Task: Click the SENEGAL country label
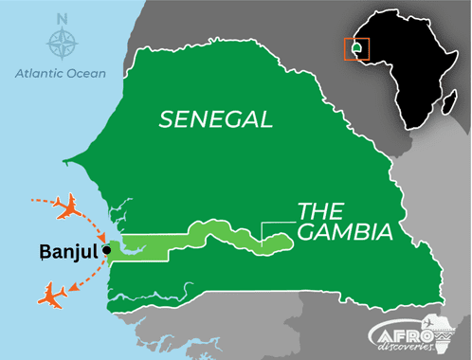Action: [x=216, y=119]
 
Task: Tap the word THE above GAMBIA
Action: [x=321, y=210]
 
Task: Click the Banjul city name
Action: [x=71, y=252]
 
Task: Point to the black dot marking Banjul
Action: [x=108, y=250]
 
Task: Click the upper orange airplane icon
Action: [x=67, y=207]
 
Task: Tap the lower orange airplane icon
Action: [x=52, y=294]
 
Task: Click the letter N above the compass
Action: [x=62, y=18]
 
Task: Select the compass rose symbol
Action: [x=62, y=44]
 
